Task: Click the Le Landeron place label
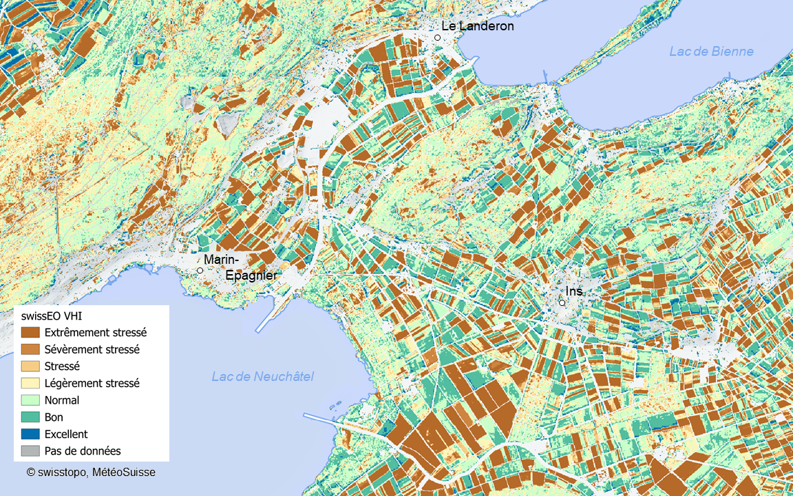[477, 26]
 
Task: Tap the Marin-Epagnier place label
[240, 267]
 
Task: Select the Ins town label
[574, 291]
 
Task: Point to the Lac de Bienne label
[711, 52]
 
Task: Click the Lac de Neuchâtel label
[262, 376]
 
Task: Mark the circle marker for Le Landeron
[437, 38]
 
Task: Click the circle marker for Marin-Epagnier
[200, 271]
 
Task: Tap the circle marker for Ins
[562, 302]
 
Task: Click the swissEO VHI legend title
[51, 316]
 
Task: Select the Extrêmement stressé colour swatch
[30, 332]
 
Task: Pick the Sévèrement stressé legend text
[92, 349]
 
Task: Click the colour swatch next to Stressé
[30, 366]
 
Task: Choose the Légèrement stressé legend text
[92, 383]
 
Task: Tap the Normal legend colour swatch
[30, 400]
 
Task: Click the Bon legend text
[54, 417]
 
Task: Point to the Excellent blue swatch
[30, 434]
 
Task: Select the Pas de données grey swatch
[30, 451]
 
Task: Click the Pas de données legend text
[83, 451]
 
